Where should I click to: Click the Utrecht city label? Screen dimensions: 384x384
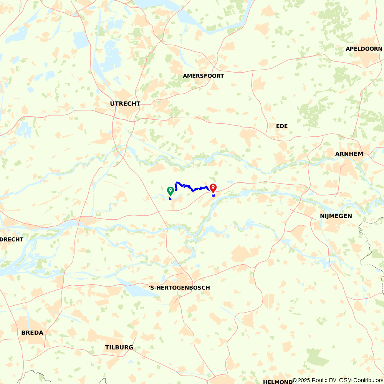click(x=125, y=104)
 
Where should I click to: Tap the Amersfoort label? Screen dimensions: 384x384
click(x=203, y=76)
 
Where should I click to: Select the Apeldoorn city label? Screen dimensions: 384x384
click(x=364, y=49)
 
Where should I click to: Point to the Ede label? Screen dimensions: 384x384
click(x=281, y=126)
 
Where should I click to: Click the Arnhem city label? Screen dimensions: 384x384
click(x=349, y=154)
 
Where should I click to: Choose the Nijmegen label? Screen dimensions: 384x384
click(x=336, y=216)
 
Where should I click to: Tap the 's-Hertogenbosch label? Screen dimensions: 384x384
click(x=179, y=288)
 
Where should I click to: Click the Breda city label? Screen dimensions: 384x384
click(x=32, y=333)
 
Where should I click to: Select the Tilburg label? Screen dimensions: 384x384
click(x=119, y=348)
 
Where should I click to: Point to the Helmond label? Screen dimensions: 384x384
click(x=278, y=382)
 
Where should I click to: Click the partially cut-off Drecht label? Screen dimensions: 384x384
click(x=12, y=239)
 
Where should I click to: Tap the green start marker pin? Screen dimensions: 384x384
click(x=170, y=190)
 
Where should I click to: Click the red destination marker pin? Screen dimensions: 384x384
click(x=213, y=187)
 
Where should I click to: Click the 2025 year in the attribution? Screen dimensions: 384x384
click(x=305, y=381)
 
